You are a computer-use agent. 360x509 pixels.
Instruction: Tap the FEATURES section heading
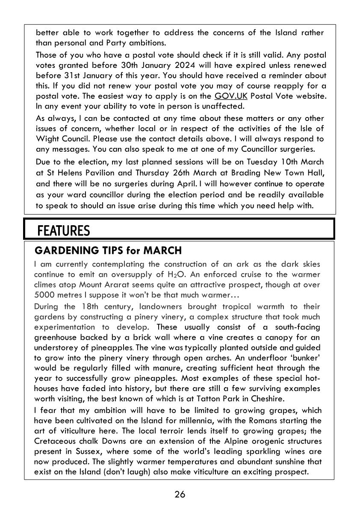[64, 231]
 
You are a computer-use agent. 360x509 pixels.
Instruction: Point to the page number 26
[180, 494]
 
